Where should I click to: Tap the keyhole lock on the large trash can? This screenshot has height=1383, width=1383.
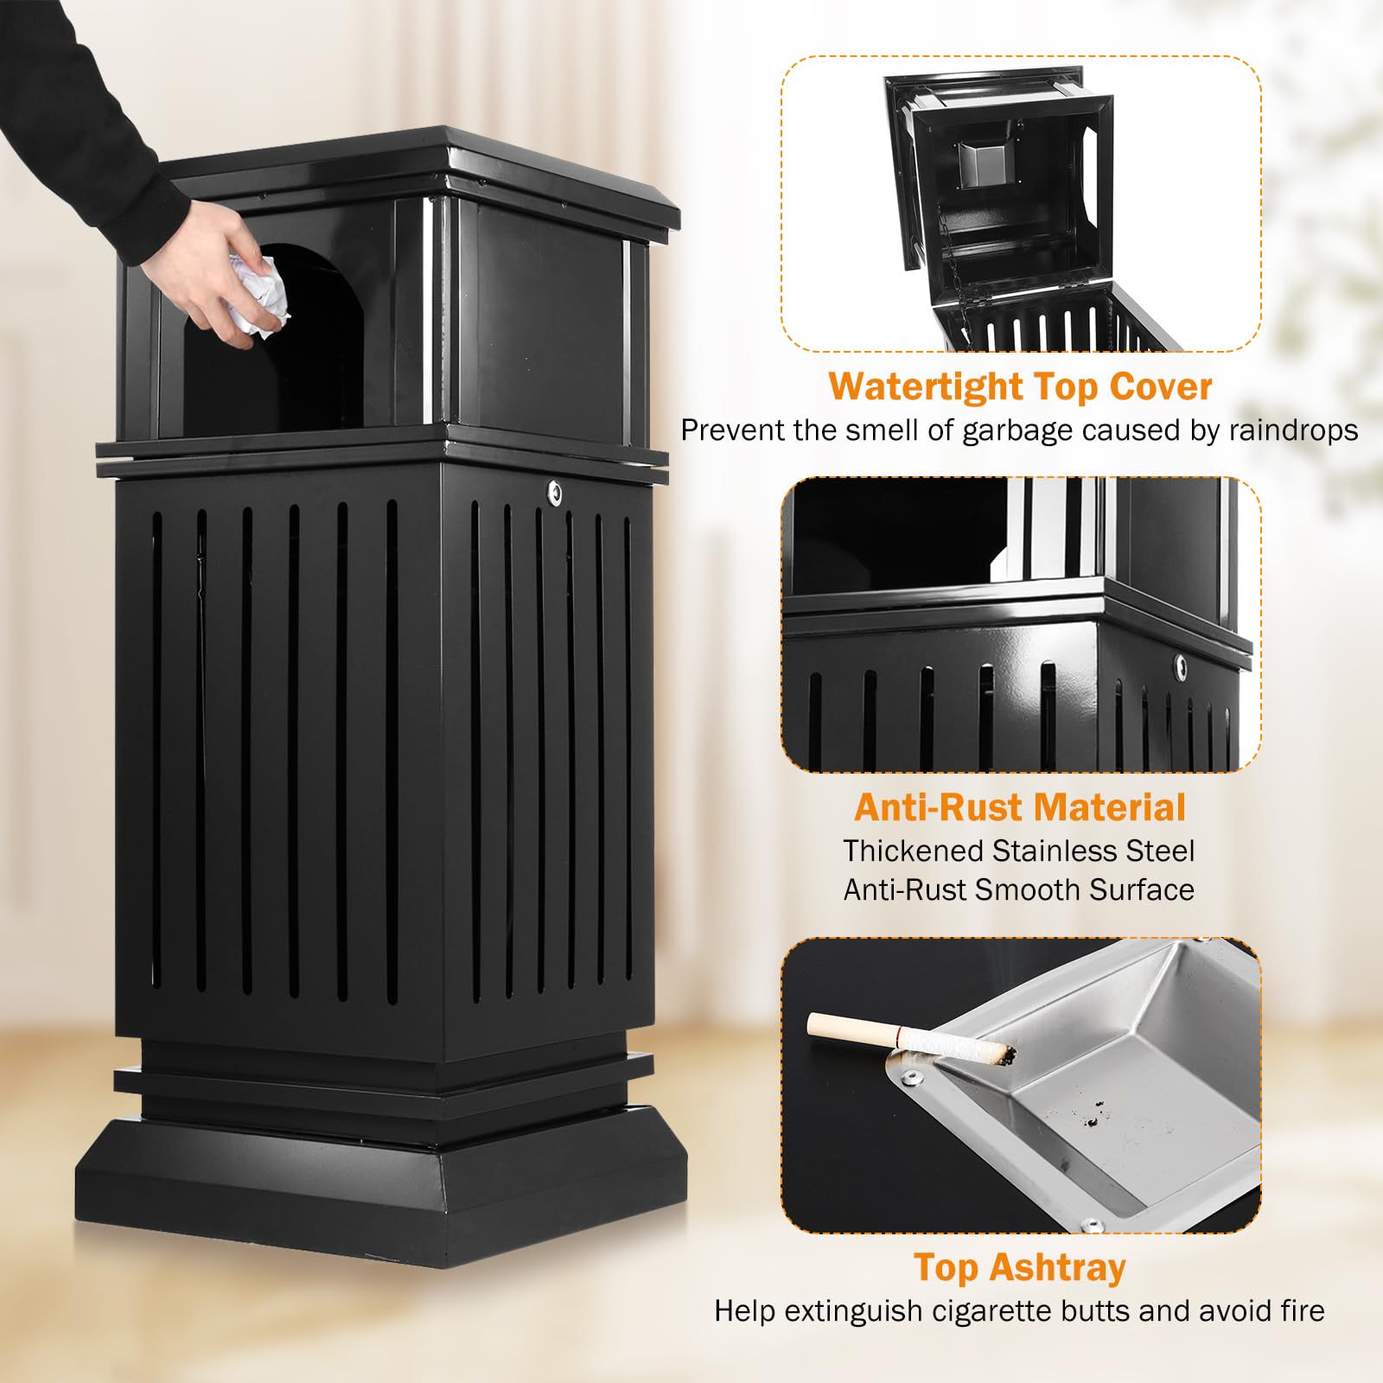[554, 493]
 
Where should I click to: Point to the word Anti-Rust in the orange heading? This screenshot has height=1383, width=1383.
[937, 807]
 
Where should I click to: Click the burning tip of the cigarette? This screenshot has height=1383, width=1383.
[1006, 1054]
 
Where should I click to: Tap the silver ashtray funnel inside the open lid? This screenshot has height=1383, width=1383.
[983, 164]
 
